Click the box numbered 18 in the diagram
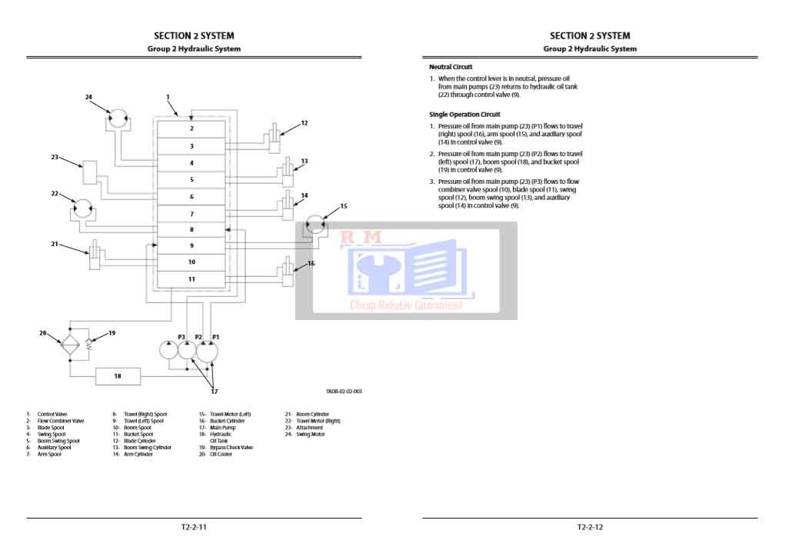pyautogui.click(x=118, y=376)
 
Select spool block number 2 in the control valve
pyautogui.click(x=192, y=128)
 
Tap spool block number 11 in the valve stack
pyautogui.click(x=192, y=278)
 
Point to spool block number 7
pyautogui.click(x=192, y=213)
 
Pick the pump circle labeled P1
pyautogui.click(x=207, y=353)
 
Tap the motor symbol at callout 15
pyautogui.click(x=315, y=225)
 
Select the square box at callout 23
pyautogui.click(x=88, y=172)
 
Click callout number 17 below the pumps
pyautogui.click(x=215, y=392)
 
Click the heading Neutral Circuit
pyautogui.click(x=451, y=67)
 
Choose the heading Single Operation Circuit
pyautogui.click(x=465, y=115)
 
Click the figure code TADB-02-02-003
pyautogui.click(x=344, y=392)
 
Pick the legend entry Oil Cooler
pyautogui.click(x=221, y=455)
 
